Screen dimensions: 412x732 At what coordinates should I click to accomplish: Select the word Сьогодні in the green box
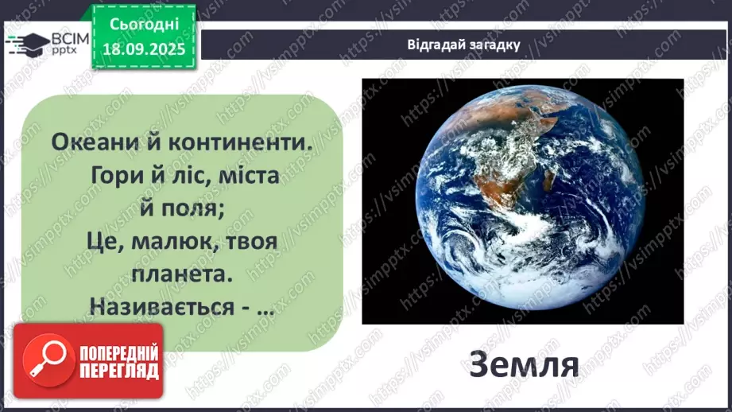coord(143,24)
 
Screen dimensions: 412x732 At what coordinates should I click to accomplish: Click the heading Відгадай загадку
coord(463,45)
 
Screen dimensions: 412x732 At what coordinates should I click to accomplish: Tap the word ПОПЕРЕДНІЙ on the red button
coord(118,352)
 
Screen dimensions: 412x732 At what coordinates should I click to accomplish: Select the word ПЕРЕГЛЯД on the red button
coord(118,371)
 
